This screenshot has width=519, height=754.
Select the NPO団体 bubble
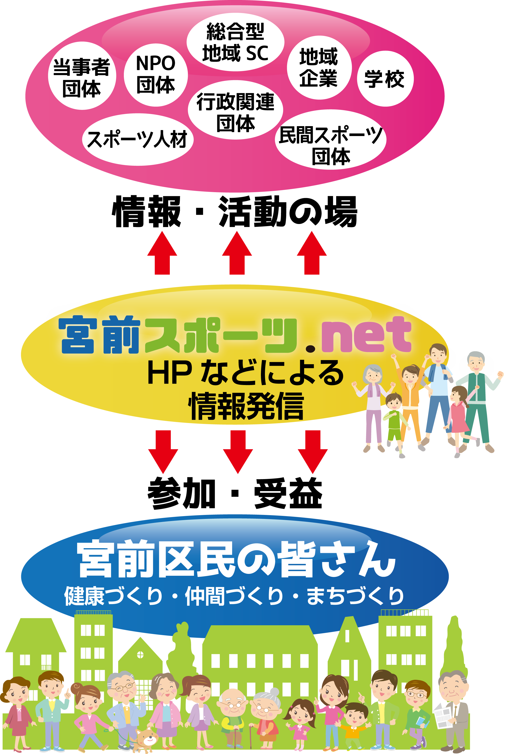click(156, 75)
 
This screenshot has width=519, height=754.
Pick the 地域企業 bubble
click(319, 68)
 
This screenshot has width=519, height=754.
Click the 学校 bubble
click(385, 79)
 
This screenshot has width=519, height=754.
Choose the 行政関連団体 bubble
click(235, 111)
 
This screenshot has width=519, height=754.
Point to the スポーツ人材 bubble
click(138, 139)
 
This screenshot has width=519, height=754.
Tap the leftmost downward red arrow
click(163, 452)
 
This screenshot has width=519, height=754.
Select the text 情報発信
click(246, 406)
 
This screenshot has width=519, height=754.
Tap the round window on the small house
click(140, 654)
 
